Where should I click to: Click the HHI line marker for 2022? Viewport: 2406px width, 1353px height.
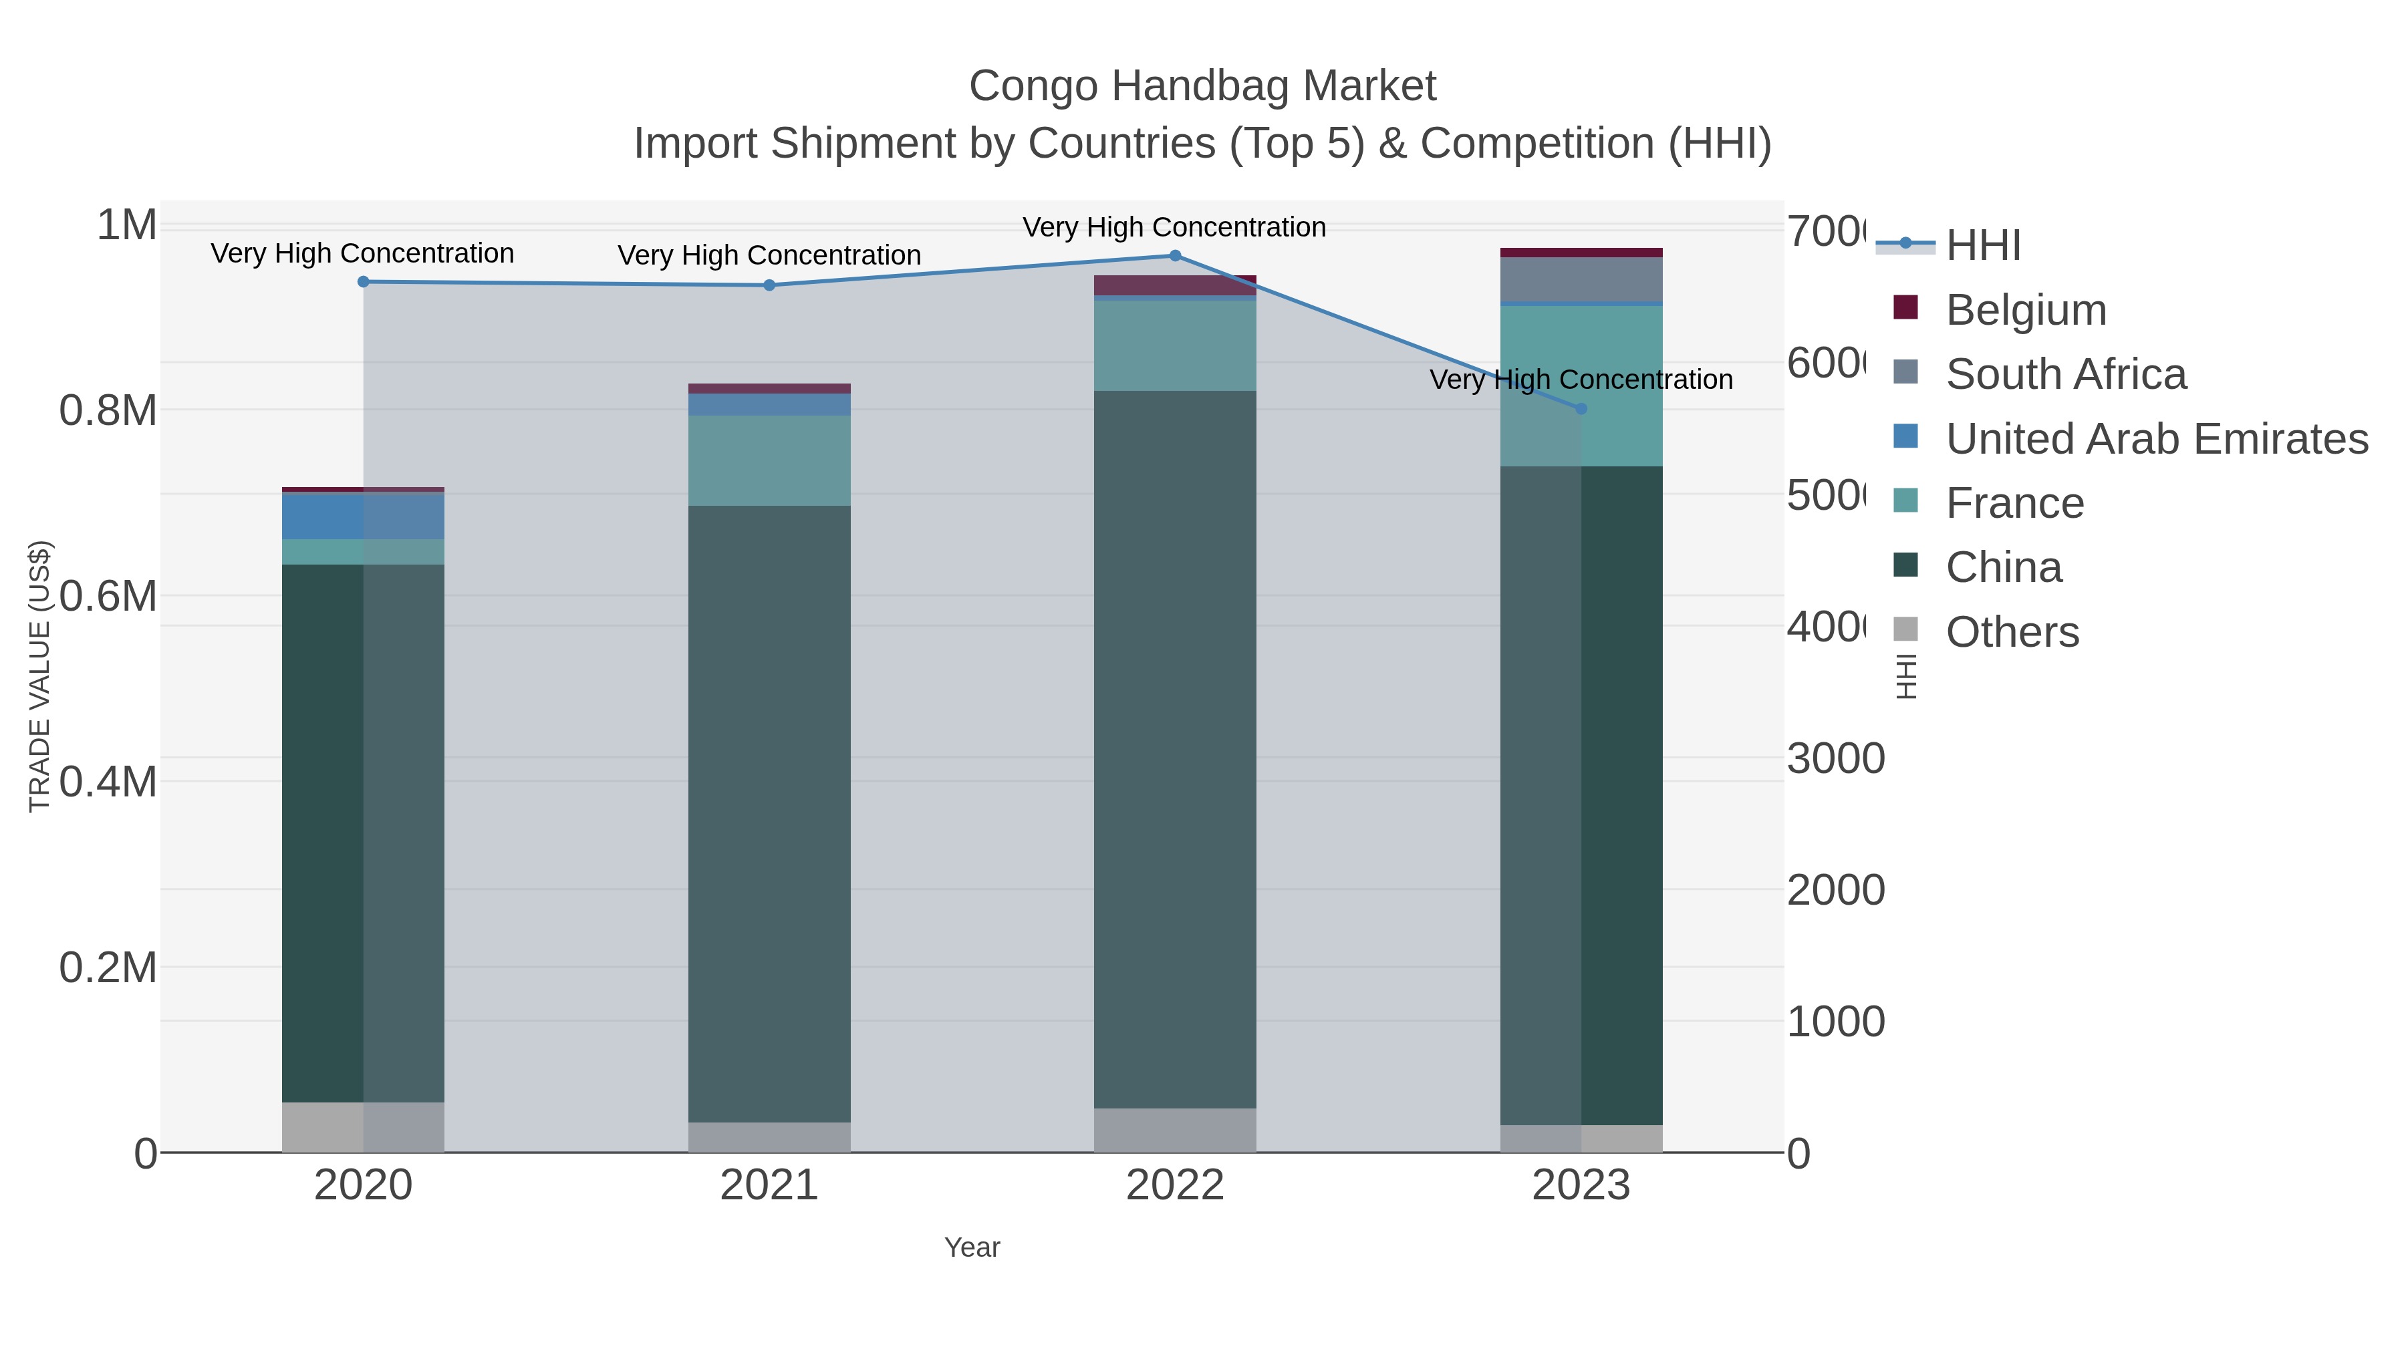1175,256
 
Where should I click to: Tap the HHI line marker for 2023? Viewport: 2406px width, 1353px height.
1581,409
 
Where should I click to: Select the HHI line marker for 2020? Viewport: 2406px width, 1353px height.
364,282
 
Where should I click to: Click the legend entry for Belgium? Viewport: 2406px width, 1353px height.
2026,309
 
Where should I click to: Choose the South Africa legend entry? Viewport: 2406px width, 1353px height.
2065,373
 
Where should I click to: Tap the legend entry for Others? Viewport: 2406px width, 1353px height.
2012,631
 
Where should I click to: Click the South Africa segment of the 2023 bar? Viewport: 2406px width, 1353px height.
1581,279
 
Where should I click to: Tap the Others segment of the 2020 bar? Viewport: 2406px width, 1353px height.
364,1127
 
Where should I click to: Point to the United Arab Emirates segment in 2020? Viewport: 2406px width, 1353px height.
364,516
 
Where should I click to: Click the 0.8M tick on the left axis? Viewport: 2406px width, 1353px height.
108,410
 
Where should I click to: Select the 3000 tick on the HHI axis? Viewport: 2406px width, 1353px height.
1835,758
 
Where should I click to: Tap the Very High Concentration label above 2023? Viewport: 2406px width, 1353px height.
1581,380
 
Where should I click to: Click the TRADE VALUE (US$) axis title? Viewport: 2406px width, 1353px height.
39,676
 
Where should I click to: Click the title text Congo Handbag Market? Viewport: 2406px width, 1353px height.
1202,86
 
